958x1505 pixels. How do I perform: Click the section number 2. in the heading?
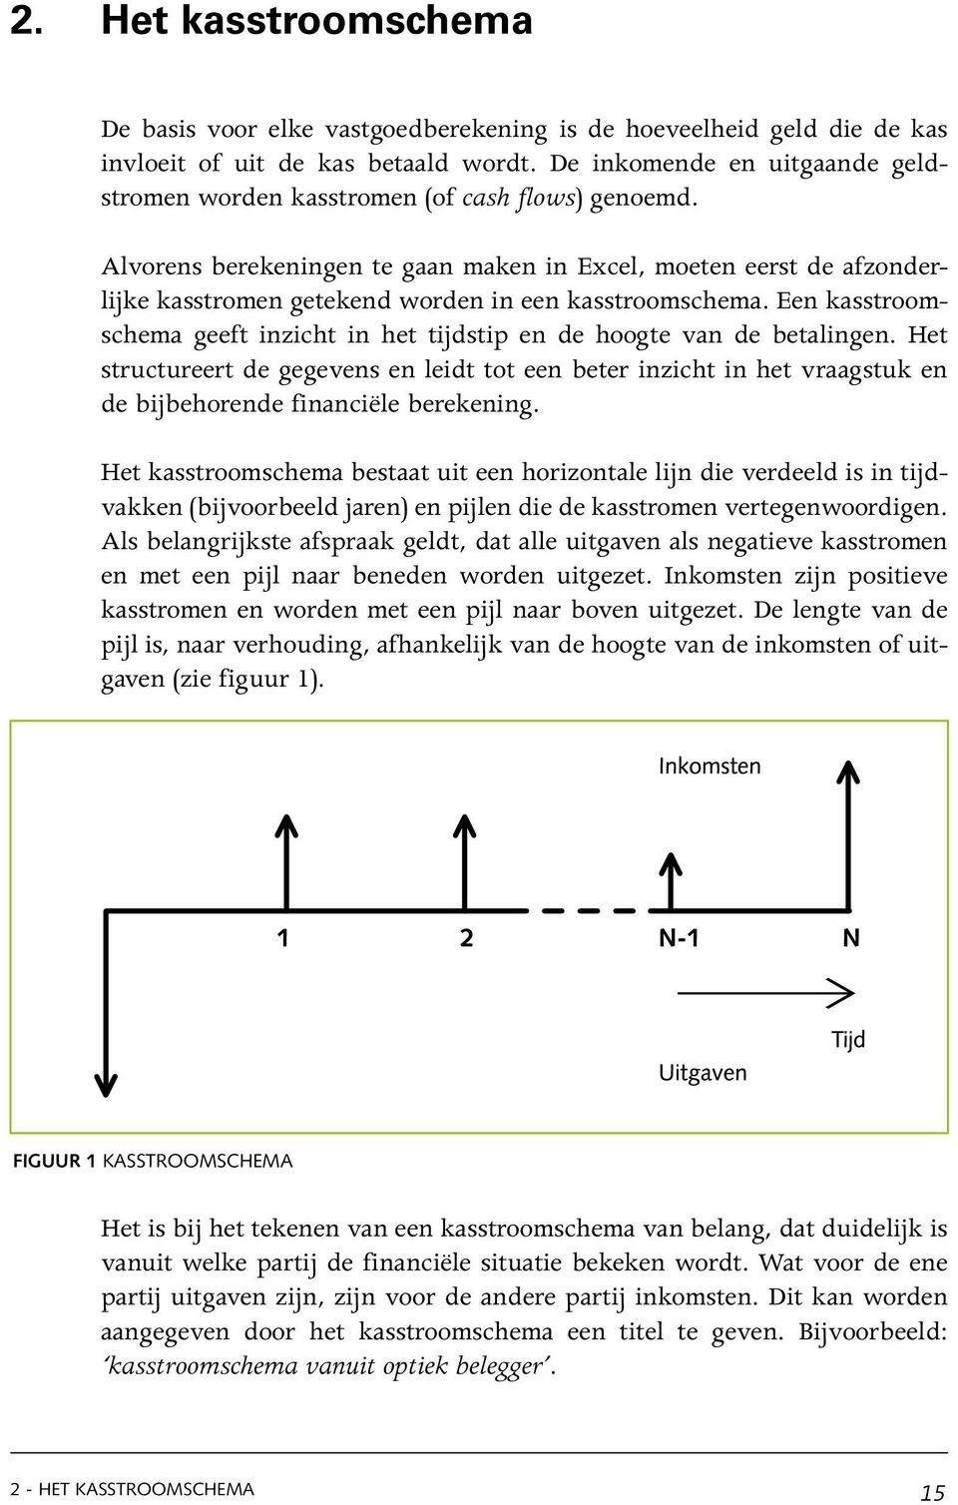tap(27, 20)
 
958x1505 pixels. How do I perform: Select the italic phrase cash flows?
tap(519, 197)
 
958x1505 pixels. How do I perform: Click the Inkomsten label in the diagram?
tap(710, 766)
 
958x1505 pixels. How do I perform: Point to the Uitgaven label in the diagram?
tap(703, 1073)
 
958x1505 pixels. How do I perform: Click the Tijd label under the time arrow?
tap(848, 1040)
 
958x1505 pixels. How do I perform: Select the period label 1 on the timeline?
tap(283, 938)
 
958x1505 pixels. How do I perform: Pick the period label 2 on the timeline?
tap(466, 938)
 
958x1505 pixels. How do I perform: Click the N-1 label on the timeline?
tap(679, 938)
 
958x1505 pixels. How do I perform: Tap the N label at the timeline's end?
tap(850, 938)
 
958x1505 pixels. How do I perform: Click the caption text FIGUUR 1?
tap(54, 1162)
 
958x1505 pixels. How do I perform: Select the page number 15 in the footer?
tap(932, 1492)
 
